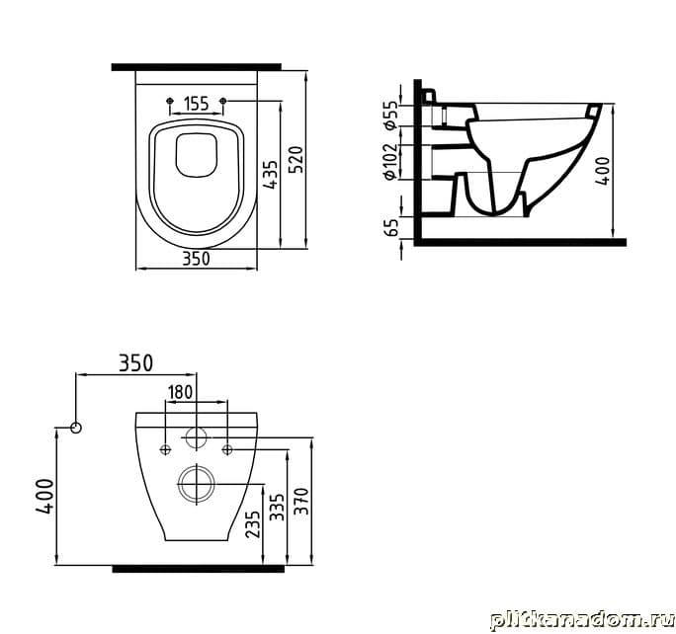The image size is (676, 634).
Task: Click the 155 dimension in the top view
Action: [x=196, y=104]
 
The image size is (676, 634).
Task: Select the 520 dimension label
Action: [x=296, y=160]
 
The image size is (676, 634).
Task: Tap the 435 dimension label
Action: [x=271, y=175]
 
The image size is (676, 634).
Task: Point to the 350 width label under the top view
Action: [x=196, y=259]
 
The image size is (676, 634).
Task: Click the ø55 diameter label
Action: [x=390, y=115]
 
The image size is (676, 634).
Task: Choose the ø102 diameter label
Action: [x=389, y=162]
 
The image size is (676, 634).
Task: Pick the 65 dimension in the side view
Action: [x=392, y=227]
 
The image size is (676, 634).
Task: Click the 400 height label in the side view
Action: [x=603, y=171]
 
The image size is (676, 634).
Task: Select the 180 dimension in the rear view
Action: [x=180, y=392]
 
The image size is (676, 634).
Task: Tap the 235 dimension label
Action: [x=253, y=523]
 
